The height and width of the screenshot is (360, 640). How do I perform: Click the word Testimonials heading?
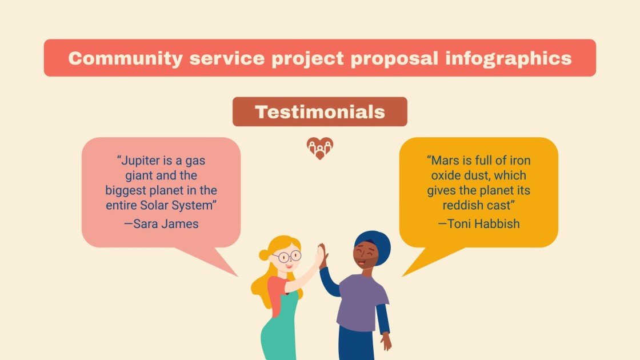(x=319, y=112)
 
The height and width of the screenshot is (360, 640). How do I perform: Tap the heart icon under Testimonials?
(x=319, y=148)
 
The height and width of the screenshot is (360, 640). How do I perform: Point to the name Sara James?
(x=161, y=223)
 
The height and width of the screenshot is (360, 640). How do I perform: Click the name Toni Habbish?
(x=479, y=223)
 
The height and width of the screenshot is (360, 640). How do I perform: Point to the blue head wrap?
(x=374, y=243)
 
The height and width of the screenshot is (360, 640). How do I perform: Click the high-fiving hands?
(x=322, y=254)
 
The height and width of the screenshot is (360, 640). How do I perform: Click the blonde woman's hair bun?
(x=263, y=255)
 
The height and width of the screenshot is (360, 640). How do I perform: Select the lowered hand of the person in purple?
(x=387, y=341)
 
